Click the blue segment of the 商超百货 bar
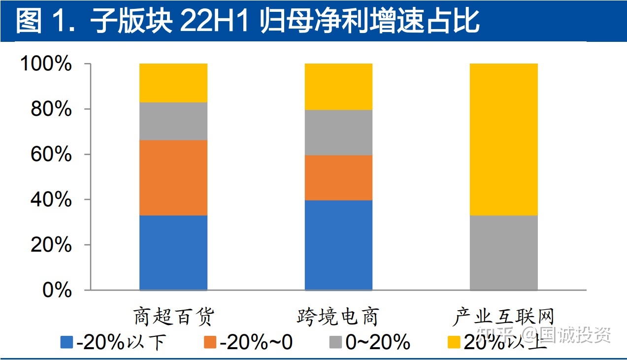173,253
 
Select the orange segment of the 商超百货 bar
173,178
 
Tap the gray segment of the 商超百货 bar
173,121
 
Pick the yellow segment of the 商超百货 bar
173,83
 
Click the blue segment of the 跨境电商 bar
338,245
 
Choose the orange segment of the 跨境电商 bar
338,178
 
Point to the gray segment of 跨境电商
338,132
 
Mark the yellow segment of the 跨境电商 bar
338,87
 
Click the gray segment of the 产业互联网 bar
504,253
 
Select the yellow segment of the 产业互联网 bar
504,139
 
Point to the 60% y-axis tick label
51,155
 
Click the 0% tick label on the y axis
57,291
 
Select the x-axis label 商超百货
174,317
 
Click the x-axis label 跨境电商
338,317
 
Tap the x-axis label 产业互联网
504,317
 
